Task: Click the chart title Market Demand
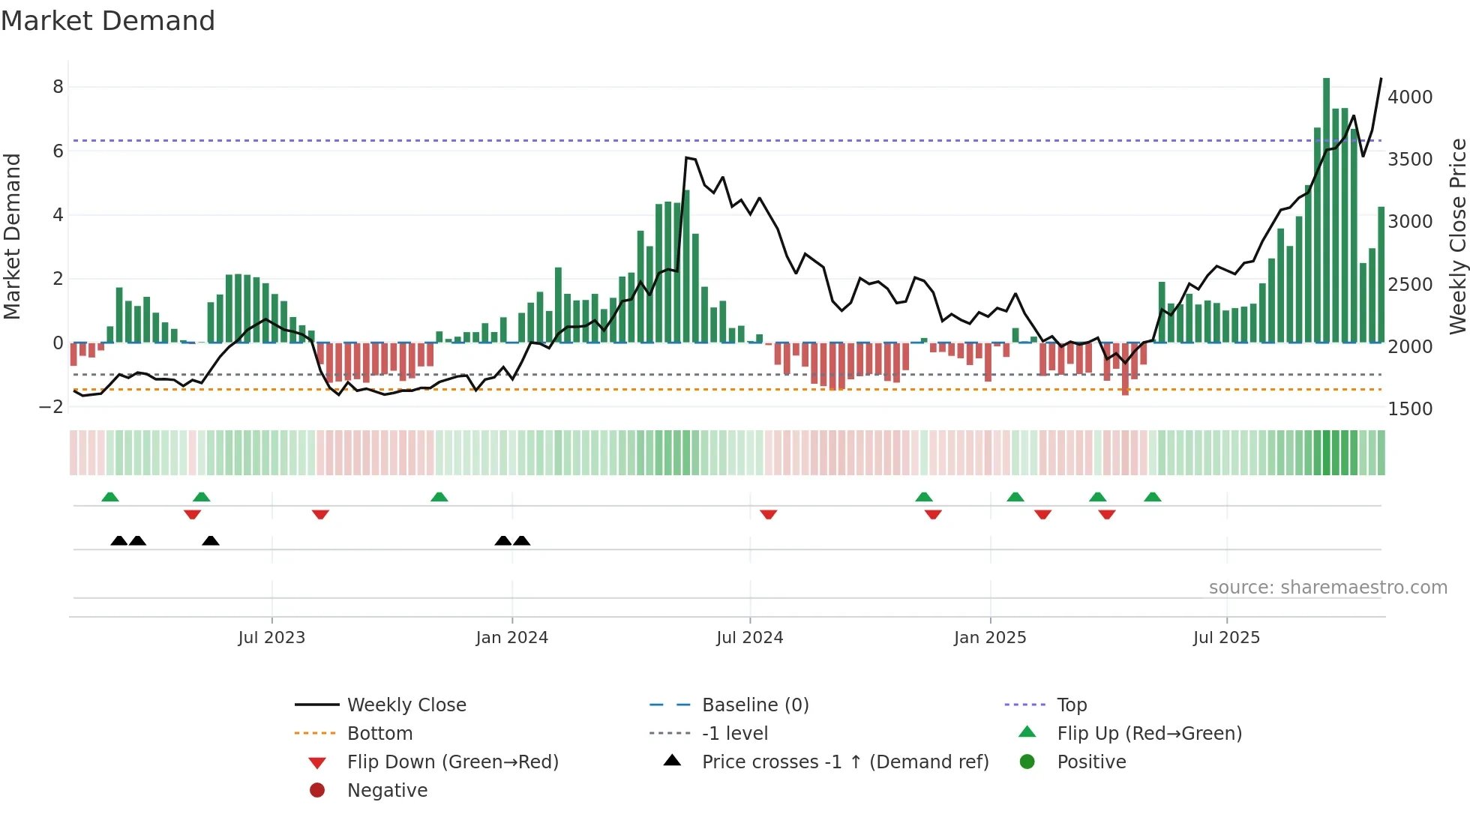pyautogui.click(x=108, y=20)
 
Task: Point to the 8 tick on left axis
pyautogui.click(x=58, y=87)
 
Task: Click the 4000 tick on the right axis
pyautogui.click(x=1409, y=97)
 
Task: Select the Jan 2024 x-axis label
pyautogui.click(x=511, y=638)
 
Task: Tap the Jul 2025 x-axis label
pyautogui.click(x=1226, y=638)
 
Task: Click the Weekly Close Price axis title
pyautogui.click(x=1457, y=236)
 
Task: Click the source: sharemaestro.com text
pyautogui.click(x=1327, y=588)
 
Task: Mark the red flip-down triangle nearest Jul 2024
pyautogui.click(x=768, y=514)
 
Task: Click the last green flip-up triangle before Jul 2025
pyautogui.click(x=1153, y=497)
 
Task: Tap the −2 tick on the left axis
pyautogui.click(x=51, y=407)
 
